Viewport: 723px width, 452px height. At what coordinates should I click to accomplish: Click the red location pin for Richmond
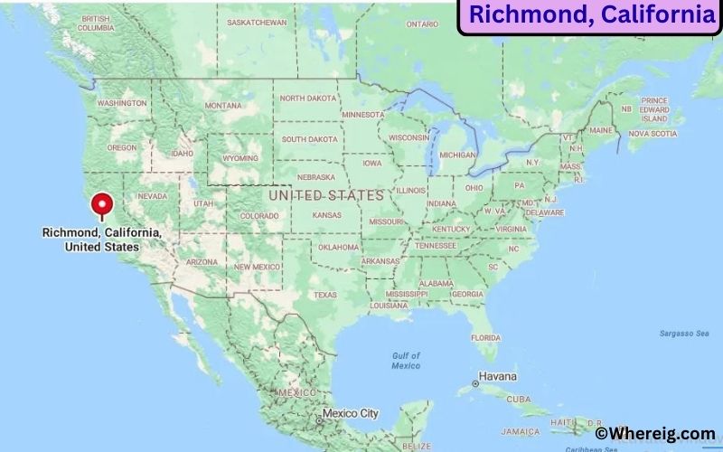102,204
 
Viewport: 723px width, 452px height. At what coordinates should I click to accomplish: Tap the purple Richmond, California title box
592,15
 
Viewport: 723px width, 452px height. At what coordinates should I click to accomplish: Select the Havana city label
497,376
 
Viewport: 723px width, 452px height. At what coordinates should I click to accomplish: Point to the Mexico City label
350,413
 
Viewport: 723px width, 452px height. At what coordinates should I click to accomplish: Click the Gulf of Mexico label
406,361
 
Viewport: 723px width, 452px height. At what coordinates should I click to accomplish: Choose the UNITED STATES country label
325,194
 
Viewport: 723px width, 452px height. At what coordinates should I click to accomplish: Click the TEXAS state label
324,295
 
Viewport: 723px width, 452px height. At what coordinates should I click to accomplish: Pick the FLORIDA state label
485,338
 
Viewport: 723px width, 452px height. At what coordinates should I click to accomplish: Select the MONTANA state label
223,105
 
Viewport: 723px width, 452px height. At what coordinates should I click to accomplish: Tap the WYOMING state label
240,158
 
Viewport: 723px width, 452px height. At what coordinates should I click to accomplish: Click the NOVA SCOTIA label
652,134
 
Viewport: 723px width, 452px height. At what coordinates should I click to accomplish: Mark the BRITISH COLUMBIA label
102,24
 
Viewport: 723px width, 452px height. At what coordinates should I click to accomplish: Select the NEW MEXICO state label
256,267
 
